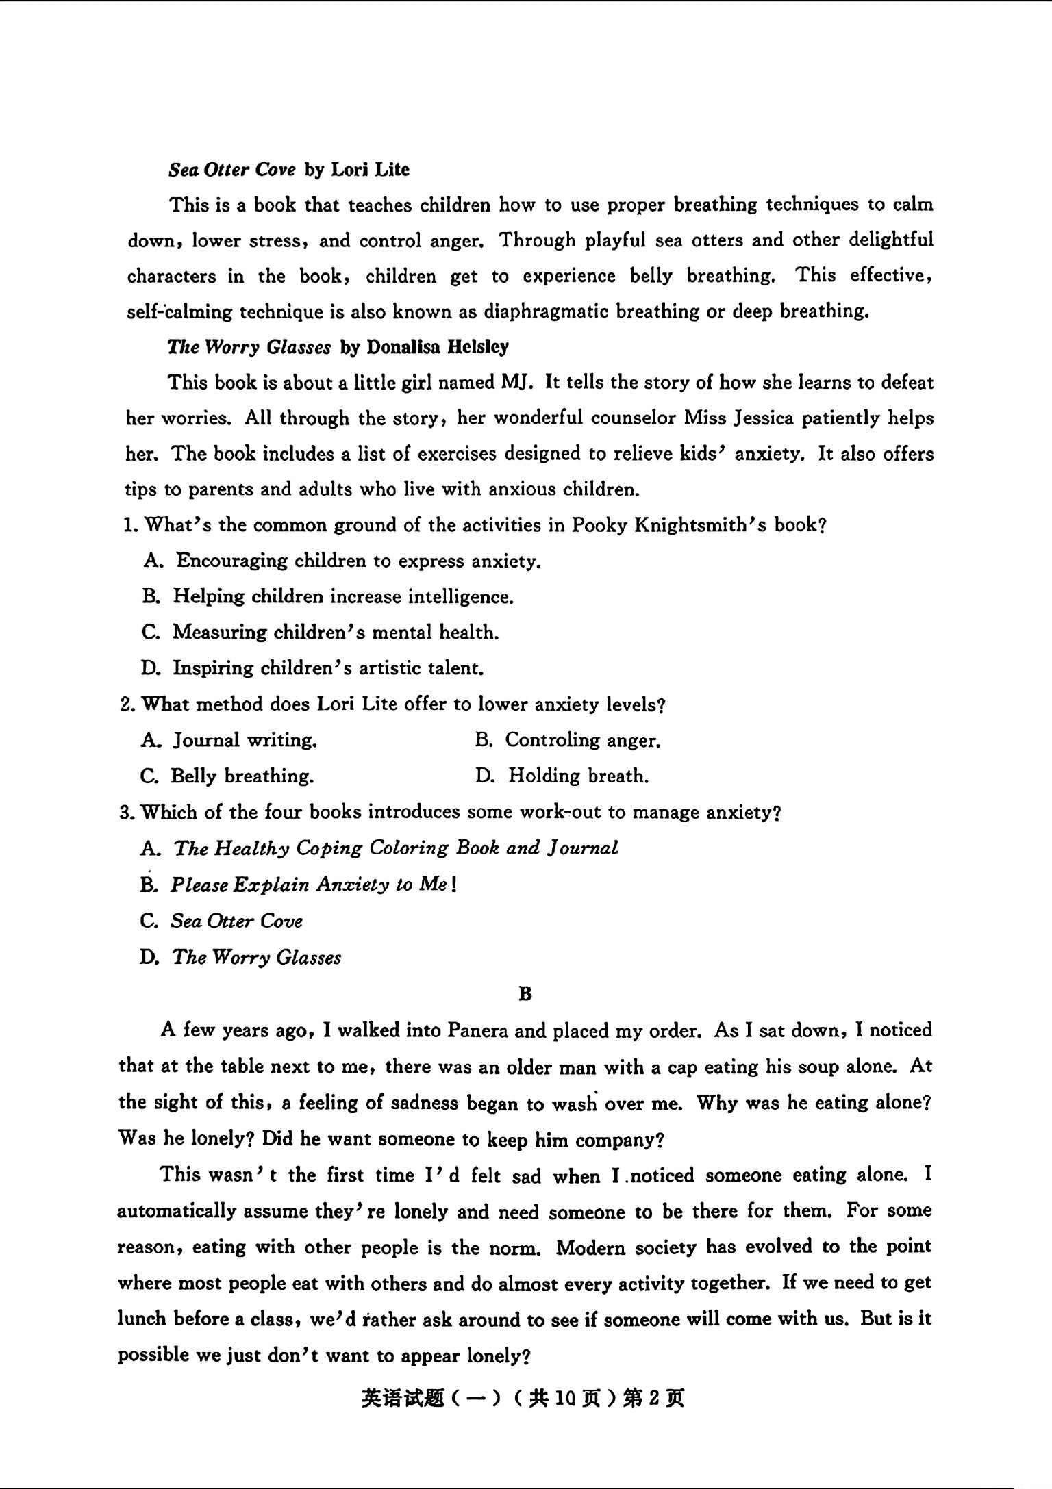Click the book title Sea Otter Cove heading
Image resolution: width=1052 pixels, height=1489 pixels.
tap(232, 169)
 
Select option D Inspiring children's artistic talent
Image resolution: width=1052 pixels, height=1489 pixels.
tap(327, 667)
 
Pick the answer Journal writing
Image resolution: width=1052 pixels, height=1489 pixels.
tap(244, 740)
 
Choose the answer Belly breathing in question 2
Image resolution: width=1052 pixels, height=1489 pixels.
tap(242, 776)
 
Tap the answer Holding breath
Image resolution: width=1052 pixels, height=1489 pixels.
tap(577, 776)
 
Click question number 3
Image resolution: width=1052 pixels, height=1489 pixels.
tap(126, 812)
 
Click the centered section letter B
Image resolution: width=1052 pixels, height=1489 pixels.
tap(525, 993)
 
